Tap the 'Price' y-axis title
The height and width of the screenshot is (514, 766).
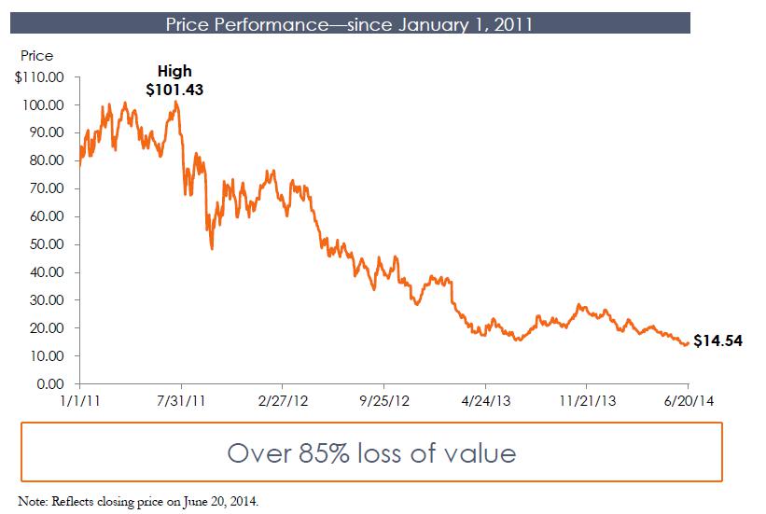point(36,57)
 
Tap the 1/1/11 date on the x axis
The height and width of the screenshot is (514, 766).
point(79,402)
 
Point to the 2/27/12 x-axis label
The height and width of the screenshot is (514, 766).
point(283,402)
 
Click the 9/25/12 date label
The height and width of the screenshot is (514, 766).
point(384,402)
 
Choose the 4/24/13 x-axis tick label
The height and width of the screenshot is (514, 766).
point(485,402)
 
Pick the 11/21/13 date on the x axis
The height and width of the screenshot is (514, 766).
point(586,402)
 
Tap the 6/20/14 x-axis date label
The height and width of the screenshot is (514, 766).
point(689,402)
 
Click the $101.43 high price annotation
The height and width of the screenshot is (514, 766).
point(174,90)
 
